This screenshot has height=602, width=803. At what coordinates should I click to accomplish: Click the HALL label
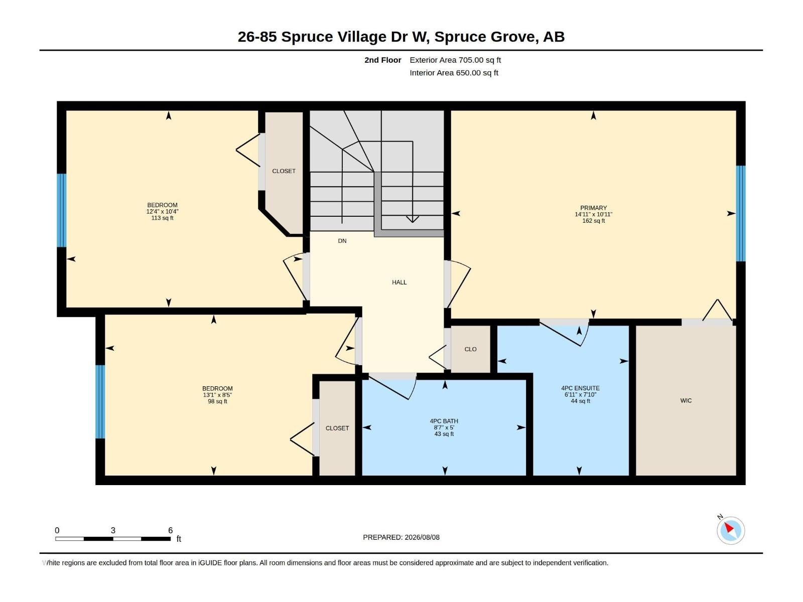tap(399, 282)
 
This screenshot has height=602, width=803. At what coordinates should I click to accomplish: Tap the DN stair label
tap(342, 241)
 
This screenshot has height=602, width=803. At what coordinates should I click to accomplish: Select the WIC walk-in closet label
tap(686, 401)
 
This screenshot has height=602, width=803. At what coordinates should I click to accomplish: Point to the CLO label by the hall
tap(470, 349)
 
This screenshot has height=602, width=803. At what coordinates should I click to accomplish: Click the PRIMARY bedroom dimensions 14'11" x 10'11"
tap(593, 215)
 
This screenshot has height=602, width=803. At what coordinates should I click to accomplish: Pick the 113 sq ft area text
tap(163, 218)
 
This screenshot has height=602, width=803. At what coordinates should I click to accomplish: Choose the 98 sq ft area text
tap(217, 401)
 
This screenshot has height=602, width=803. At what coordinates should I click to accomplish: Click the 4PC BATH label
tap(444, 421)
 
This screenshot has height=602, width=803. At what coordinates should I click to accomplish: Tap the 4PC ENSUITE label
tap(580, 388)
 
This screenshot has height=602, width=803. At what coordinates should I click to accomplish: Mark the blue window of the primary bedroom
tap(740, 214)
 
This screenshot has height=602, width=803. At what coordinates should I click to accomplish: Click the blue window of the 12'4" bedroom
tap(61, 211)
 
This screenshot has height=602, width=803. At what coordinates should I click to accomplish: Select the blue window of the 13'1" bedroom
tap(100, 402)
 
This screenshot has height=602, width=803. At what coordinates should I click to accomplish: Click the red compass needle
tap(729, 528)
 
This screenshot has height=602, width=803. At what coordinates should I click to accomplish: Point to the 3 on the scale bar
tap(113, 530)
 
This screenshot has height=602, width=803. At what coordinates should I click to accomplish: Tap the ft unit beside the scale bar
tap(179, 539)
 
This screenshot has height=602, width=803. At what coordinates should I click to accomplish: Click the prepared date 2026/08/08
tap(422, 537)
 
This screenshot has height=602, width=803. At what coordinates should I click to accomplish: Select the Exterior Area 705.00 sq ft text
tap(455, 60)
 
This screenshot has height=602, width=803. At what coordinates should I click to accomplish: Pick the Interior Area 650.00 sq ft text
tap(454, 73)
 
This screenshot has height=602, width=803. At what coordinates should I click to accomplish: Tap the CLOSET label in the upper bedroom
tap(284, 171)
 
